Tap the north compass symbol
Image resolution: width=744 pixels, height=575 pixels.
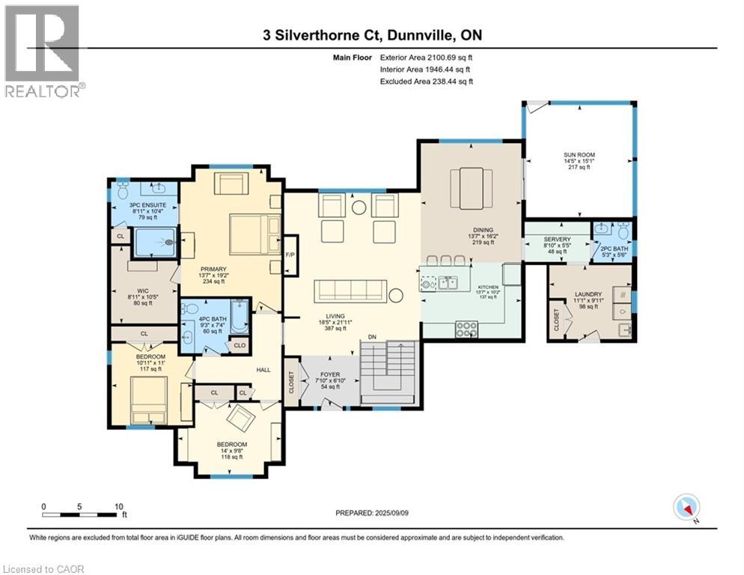[685, 507]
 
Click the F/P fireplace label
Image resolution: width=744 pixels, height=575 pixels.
[290, 254]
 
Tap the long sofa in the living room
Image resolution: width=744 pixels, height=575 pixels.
[350, 290]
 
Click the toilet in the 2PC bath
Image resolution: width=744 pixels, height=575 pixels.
[622, 231]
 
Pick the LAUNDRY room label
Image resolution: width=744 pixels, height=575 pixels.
[589, 295]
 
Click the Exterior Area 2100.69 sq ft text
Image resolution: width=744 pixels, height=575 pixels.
[427, 56]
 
